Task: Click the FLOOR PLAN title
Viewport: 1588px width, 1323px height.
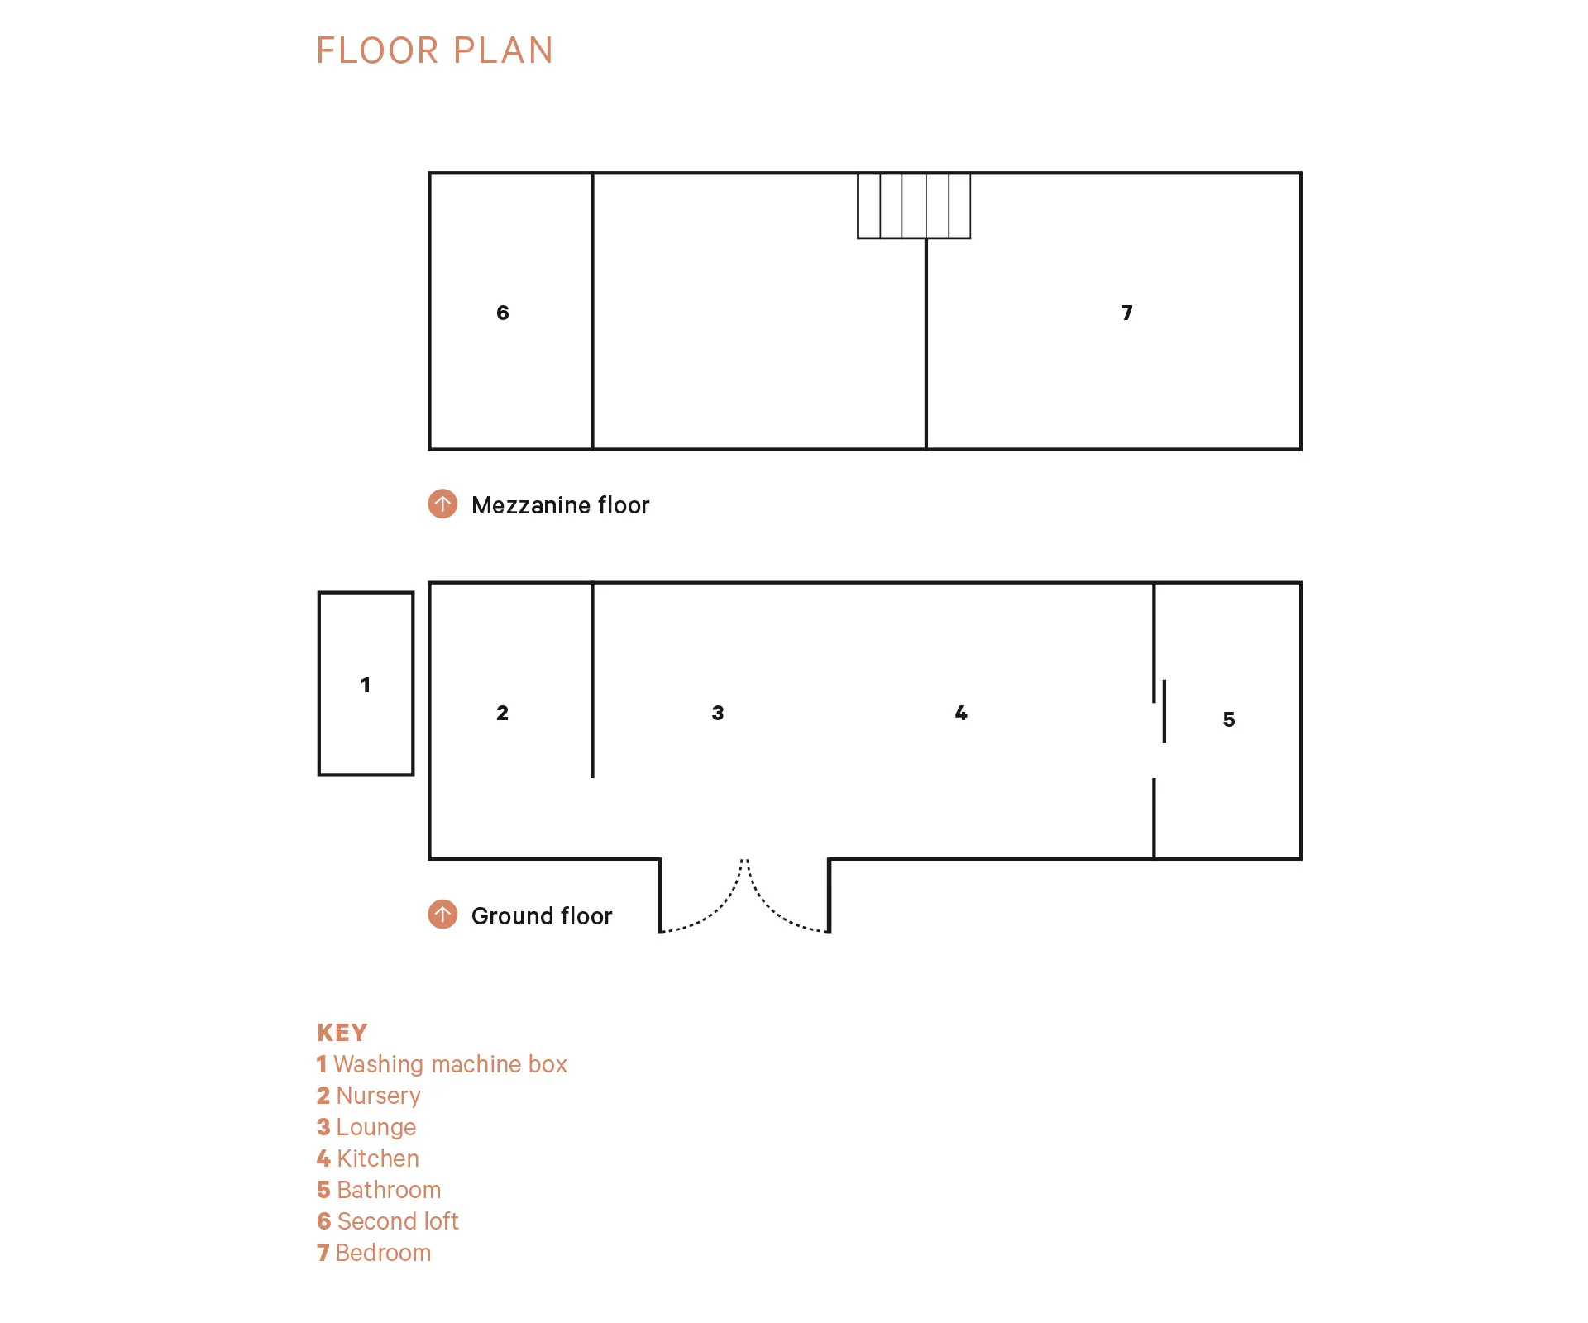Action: pyautogui.click(x=434, y=50)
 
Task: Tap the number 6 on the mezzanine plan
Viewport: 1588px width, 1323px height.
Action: pyautogui.click(x=502, y=313)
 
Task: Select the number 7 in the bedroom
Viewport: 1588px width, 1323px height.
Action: pyautogui.click(x=1126, y=313)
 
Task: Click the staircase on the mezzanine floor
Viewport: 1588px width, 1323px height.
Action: pyautogui.click(x=913, y=206)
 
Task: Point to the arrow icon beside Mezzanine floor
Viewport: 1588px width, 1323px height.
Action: pyautogui.click(x=442, y=504)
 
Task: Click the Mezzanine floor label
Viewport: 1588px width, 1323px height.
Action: pyautogui.click(x=560, y=505)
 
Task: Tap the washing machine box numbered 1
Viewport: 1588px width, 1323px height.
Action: pyautogui.click(x=366, y=684)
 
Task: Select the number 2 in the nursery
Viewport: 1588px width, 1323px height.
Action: pyautogui.click(x=502, y=713)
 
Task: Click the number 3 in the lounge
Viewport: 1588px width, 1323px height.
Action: pyautogui.click(x=717, y=713)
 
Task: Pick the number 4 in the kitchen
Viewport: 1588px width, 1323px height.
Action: pyautogui.click(x=960, y=713)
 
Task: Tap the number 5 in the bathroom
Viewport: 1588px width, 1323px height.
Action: pyautogui.click(x=1228, y=719)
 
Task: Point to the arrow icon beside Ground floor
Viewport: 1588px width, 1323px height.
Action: pyautogui.click(x=442, y=915)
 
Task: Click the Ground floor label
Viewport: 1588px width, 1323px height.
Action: pyautogui.click(x=542, y=916)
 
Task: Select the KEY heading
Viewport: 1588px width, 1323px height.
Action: pyautogui.click(x=342, y=1033)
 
